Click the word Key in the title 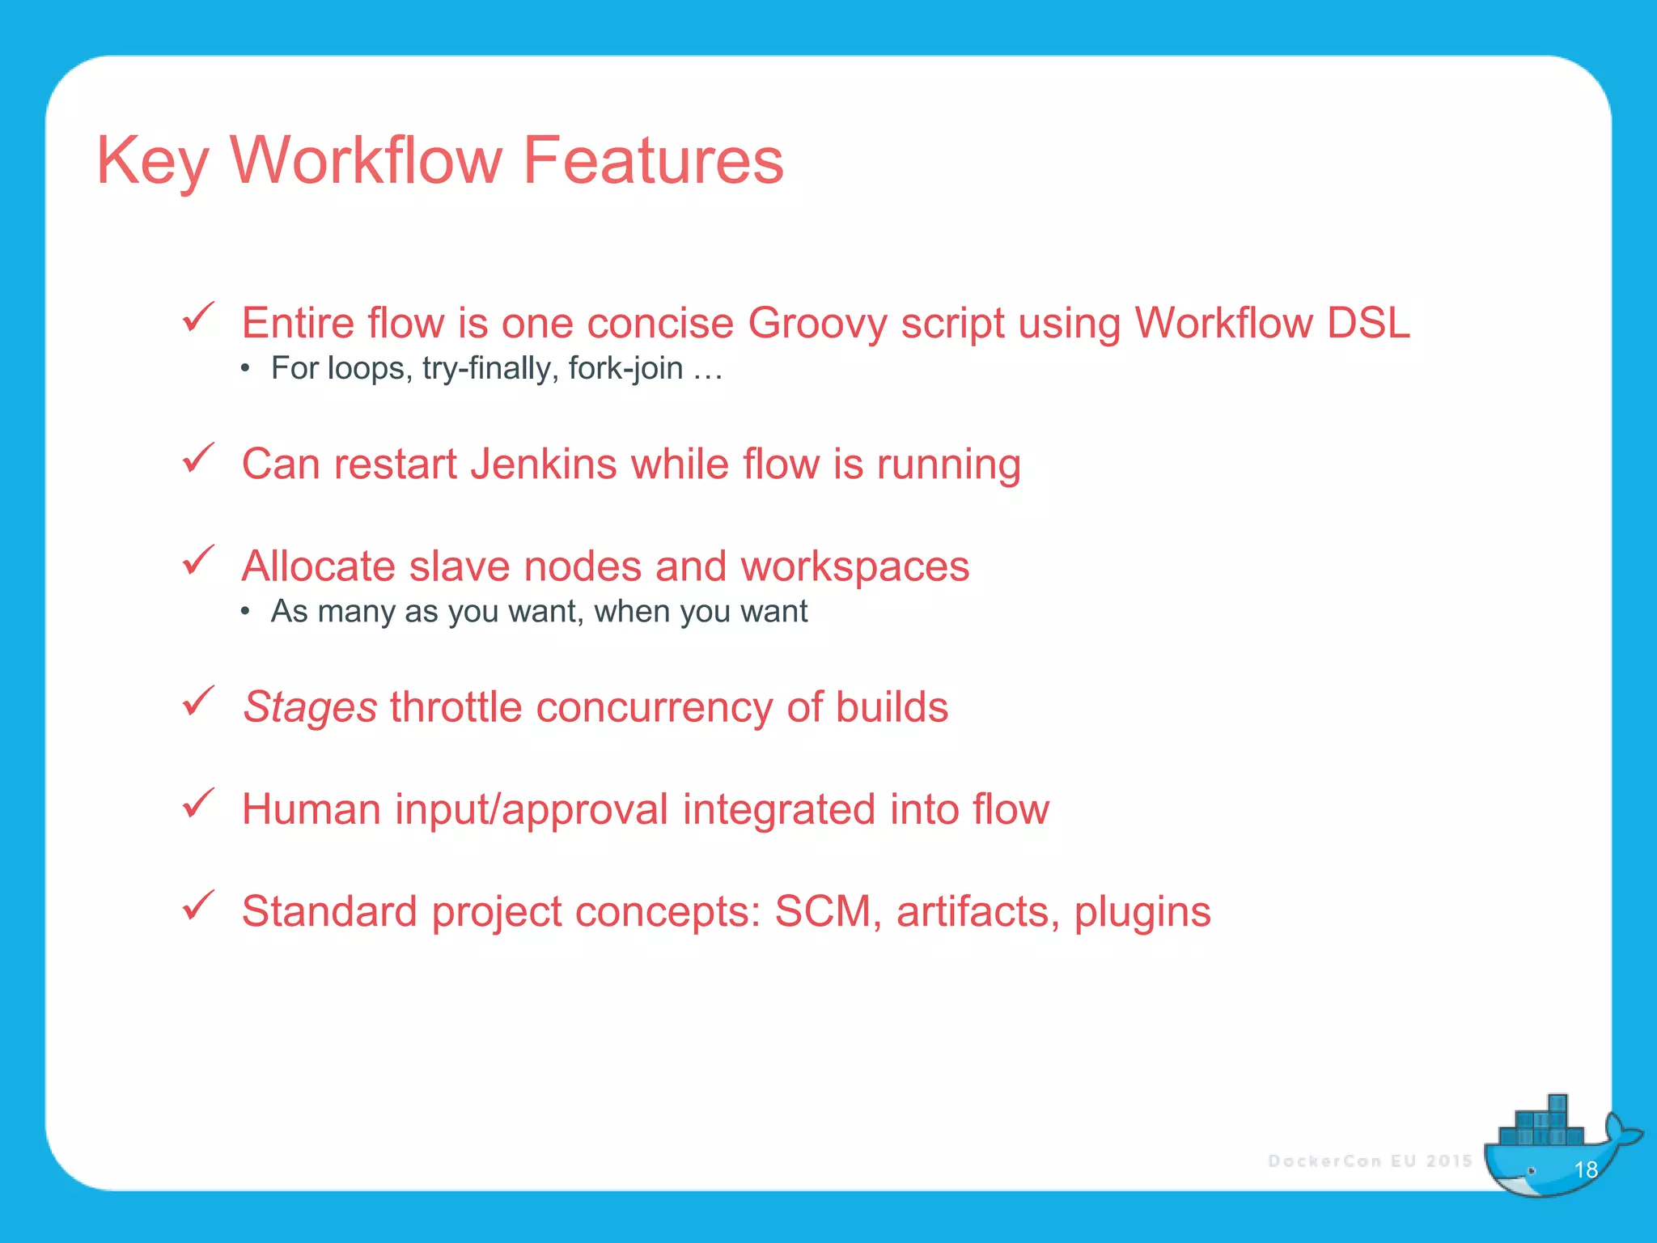pos(152,160)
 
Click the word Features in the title pos(653,160)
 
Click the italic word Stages pos(310,707)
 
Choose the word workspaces pos(855,566)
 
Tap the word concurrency pos(654,707)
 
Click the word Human pos(311,809)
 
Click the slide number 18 pos(1586,1169)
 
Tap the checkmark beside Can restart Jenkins pos(198,458)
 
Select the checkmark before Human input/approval pos(198,803)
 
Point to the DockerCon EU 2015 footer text pos(1370,1161)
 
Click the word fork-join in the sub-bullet pos(625,368)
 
